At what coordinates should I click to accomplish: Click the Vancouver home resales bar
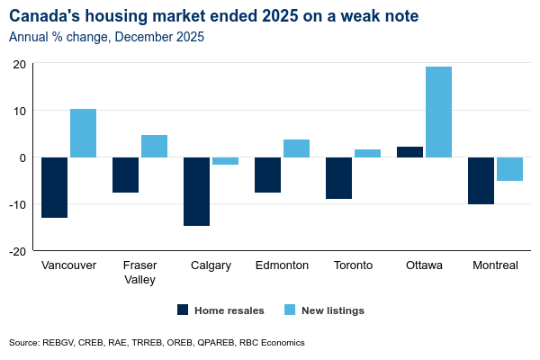54,187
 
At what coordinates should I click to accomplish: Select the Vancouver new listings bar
83,133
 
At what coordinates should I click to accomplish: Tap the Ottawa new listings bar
438,112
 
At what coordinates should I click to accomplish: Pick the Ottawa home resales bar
409,152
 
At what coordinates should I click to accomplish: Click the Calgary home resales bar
196,191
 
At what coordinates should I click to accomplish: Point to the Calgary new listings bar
225,161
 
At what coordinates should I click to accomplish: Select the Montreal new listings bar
509,169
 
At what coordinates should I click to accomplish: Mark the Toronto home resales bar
338,177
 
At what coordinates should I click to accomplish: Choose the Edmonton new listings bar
296,148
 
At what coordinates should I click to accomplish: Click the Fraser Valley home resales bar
125,175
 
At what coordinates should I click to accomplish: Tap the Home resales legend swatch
183,310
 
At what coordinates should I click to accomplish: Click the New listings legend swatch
290,310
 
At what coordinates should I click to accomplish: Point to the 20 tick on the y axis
18,64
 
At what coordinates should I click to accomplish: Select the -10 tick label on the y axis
16,204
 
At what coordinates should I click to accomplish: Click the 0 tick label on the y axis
22,157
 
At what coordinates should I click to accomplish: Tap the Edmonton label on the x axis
282,265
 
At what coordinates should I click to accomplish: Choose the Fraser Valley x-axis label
139,272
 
